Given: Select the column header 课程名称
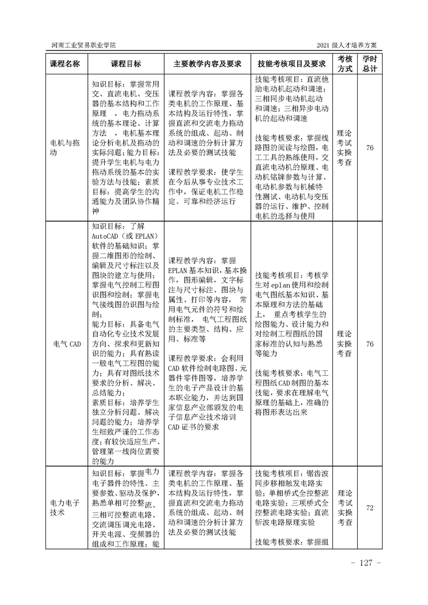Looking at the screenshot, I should (x=65, y=64).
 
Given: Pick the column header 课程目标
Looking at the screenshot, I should (x=126, y=64).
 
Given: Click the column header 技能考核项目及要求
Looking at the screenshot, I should (x=292, y=64).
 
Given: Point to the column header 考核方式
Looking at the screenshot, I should (x=345, y=64).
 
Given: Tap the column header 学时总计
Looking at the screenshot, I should (x=370, y=64).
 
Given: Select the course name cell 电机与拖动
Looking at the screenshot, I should (x=65, y=148).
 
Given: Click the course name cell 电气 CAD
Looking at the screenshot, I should (x=65, y=343).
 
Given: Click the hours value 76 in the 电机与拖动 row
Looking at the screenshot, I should (x=370, y=148).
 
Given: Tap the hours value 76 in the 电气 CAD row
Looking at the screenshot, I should (x=370, y=343).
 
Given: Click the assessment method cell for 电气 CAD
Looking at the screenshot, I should (x=345, y=343).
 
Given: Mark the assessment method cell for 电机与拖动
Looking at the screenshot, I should (x=345, y=148).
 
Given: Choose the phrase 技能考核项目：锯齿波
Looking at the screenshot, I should (x=291, y=472).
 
